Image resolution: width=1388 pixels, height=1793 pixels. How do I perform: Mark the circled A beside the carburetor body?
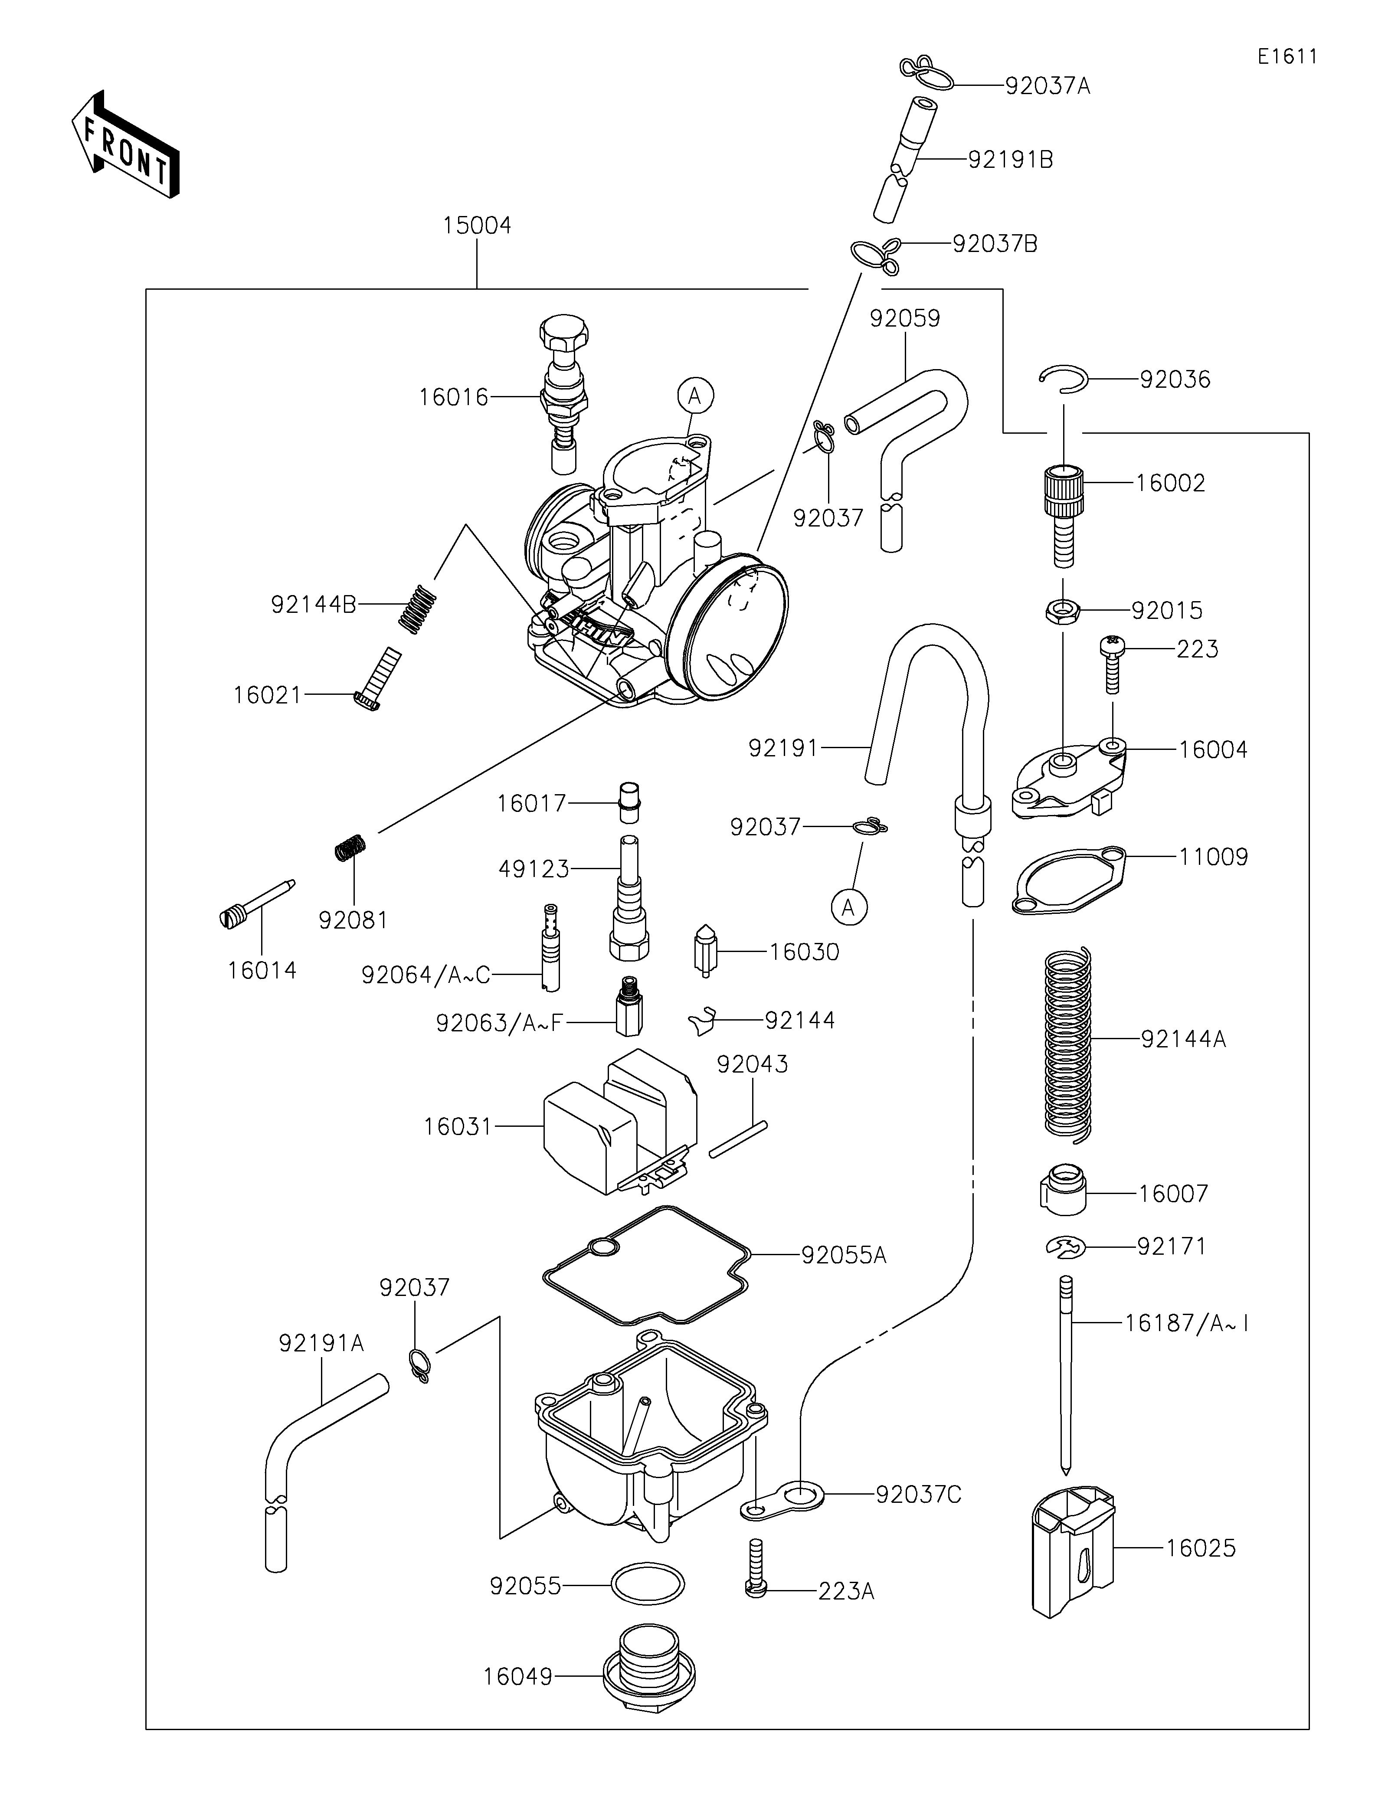pos(695,396)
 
